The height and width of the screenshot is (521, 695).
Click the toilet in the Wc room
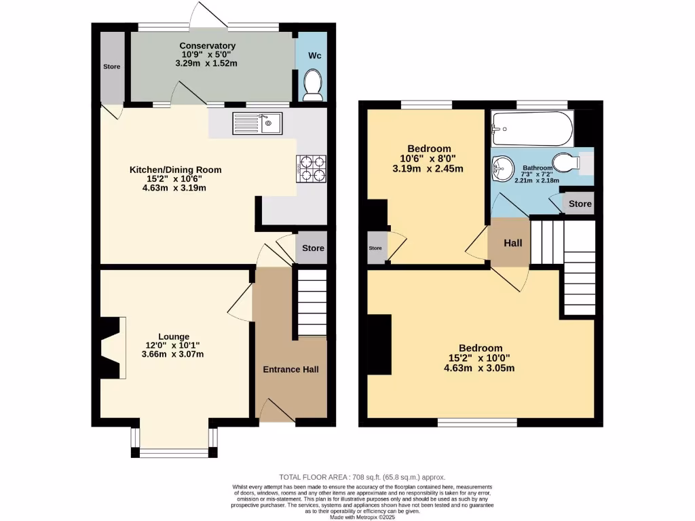click(312, 87)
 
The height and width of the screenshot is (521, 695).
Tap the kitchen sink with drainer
click(257, 123)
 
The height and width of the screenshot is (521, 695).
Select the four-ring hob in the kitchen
click(312, 168)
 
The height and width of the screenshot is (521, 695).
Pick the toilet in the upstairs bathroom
click(565, 163)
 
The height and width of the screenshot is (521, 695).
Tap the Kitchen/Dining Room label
click(176, 170)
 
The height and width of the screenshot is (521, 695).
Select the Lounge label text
click(174, 336)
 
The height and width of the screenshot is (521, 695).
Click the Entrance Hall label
click(290, 369)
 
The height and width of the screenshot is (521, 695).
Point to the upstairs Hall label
click(512, 242)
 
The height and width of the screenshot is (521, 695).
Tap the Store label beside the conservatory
click(111, 67)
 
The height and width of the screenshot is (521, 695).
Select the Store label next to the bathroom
click(580, 204)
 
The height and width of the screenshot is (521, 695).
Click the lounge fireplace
click(113, 347)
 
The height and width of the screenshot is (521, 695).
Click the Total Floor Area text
click(362, 478)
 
